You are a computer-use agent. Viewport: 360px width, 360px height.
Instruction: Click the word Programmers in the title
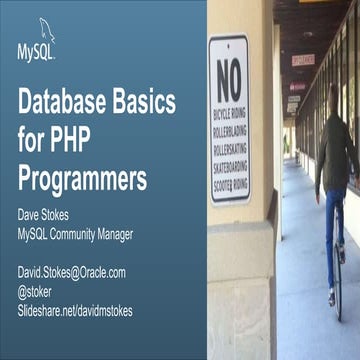pos(83,180)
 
